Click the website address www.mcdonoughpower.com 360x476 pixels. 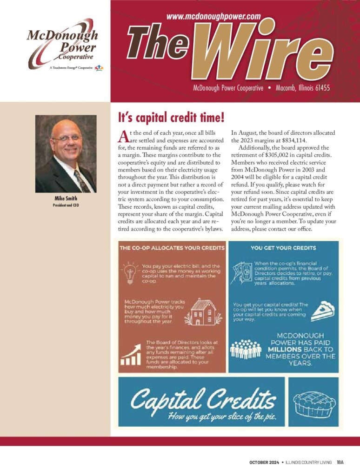click(213, 16)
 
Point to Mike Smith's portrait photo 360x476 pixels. click(66, 153)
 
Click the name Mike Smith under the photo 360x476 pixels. click(66, 198)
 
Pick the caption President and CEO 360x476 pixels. click(66, 205)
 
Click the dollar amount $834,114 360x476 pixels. click(295, 140)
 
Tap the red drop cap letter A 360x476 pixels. click(123, 136)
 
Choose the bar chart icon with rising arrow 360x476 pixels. click(130, 355)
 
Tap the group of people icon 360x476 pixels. click(246, 349)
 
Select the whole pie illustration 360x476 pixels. click(313, 402)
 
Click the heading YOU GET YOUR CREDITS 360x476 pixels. click(283, 248)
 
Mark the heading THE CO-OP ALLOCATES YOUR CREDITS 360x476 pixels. click(172, 248)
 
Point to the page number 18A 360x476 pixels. click(340, 463)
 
